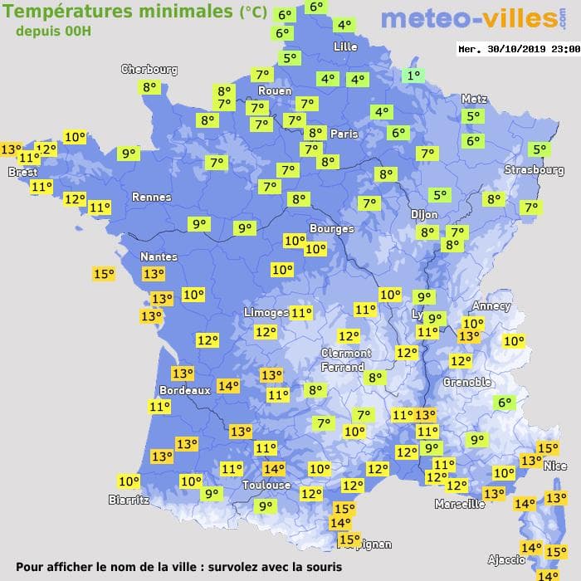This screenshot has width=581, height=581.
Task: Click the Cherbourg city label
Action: tap(149, 70)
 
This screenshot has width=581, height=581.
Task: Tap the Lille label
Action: tap(344, 46)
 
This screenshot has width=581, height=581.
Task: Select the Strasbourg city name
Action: tap(535, 170)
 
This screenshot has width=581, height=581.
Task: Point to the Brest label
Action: tap(22, 172)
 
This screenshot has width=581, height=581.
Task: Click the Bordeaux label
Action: tap(184, 390)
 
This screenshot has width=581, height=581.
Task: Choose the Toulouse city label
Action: tap(266, 485)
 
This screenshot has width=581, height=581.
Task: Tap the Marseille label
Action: tap(460, 504)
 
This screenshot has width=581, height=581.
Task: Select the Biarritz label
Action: tap(129, 500)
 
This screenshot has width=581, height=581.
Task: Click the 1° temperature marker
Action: tap(413, 76)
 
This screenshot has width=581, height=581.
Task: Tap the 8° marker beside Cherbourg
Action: tap(149, 87)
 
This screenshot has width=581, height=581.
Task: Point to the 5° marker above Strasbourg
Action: tap(539, 150)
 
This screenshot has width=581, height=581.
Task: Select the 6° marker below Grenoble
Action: tap(504, 403)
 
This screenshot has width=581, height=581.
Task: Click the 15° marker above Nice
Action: tap(548, 449)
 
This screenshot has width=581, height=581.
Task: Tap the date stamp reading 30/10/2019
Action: tap(518, 49)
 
